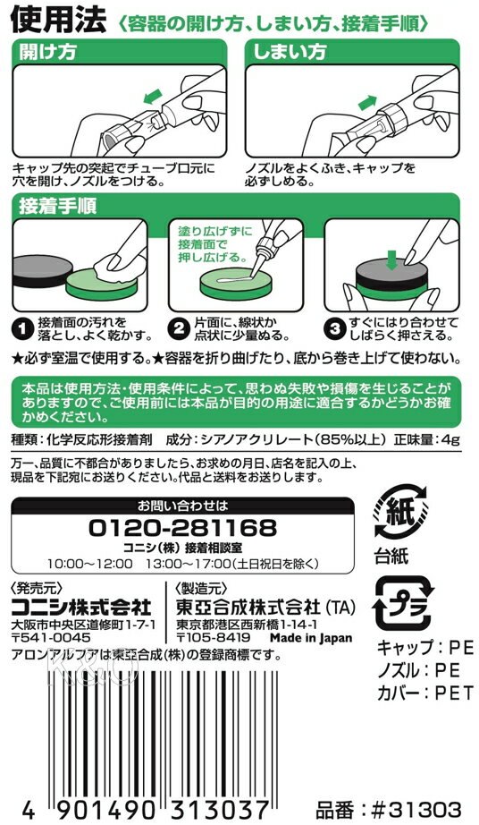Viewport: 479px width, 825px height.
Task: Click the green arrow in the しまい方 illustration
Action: [367, 102]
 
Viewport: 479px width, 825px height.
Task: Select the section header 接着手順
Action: [57, 206]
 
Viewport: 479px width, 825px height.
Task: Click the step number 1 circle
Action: [22, 329]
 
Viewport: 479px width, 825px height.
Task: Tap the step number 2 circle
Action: [178, 329]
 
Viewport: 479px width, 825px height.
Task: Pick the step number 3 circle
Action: [334, 329]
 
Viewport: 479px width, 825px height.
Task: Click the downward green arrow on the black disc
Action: [391, 259]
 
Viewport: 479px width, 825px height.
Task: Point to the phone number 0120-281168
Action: [183, 528]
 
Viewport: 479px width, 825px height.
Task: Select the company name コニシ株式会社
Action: [81, 608]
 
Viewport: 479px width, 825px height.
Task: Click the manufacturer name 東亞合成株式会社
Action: [248, 608]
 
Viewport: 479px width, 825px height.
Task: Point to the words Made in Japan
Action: [311, 638]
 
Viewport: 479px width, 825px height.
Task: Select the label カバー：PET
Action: [425, 693]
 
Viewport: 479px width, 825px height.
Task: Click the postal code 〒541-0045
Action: [51, 638]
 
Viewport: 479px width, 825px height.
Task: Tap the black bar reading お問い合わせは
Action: [183, 506]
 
